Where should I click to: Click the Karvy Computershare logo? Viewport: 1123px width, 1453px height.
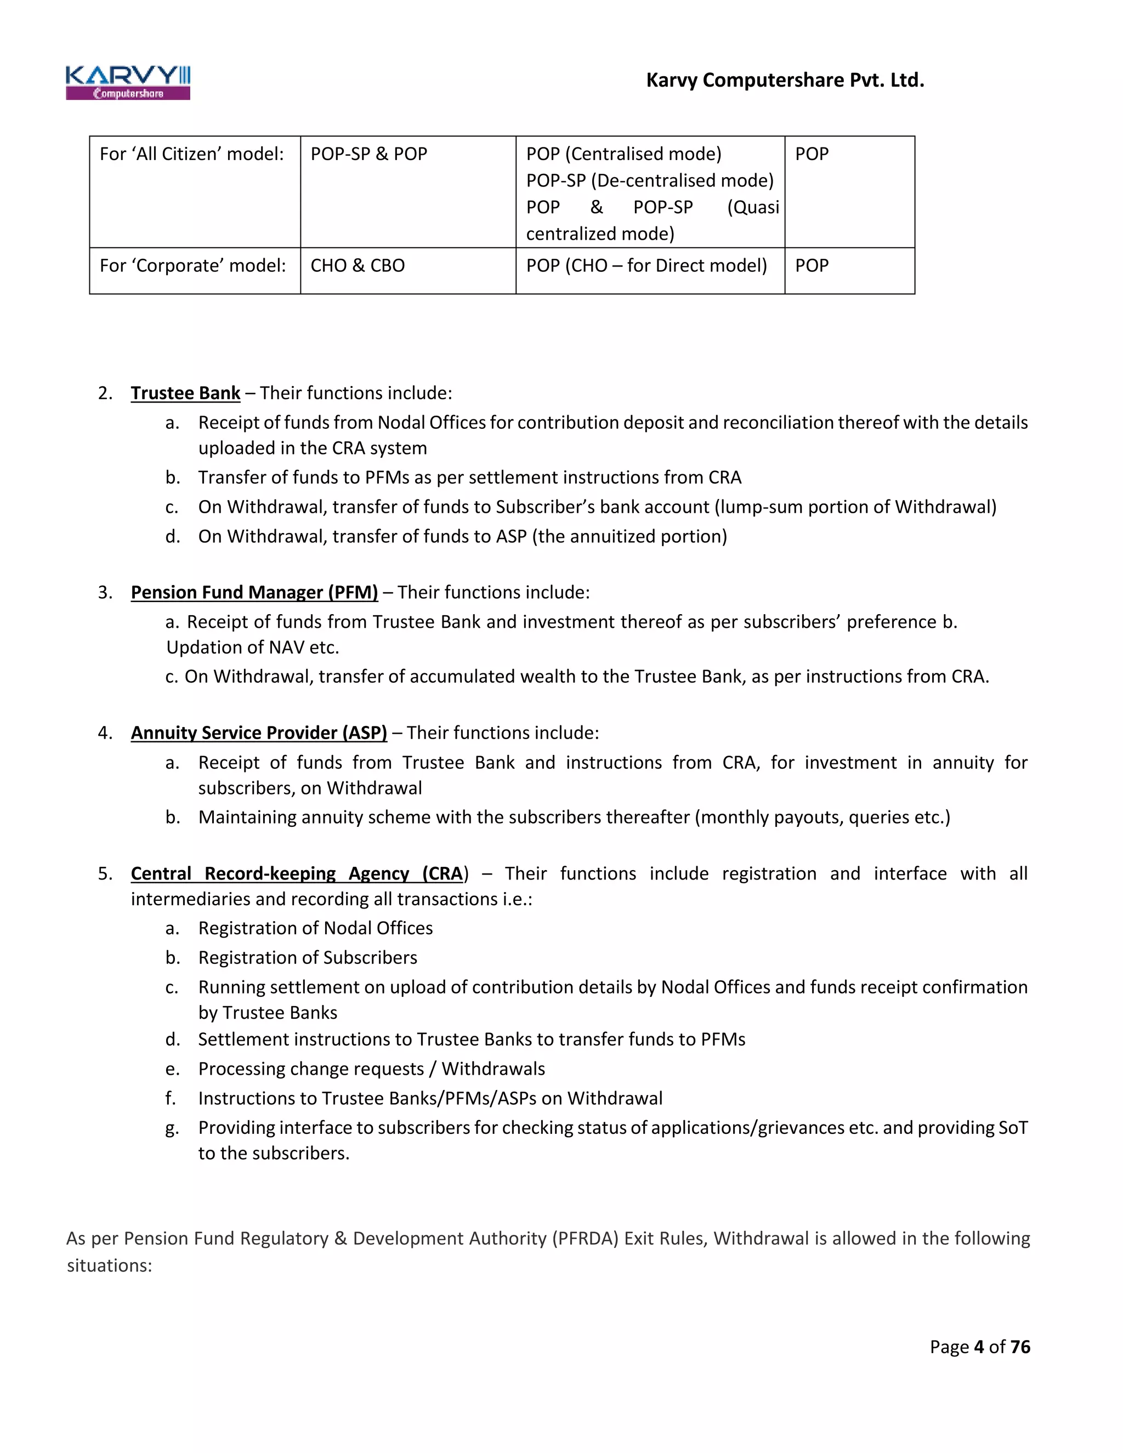click(128, 82)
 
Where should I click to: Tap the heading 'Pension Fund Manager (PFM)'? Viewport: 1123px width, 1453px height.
click(254, 592)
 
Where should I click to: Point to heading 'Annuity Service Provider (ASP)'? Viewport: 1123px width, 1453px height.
click(259, 733)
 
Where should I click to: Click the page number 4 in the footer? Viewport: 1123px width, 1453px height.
click(979, 1347)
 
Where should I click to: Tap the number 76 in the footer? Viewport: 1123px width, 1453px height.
click(1020, 1347)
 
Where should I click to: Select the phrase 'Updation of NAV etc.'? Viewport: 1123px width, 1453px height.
click(253, 648)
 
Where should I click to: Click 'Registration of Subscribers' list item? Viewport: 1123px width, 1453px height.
click(308, 957)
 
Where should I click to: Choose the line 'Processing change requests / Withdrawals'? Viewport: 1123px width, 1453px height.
click(371, 1069)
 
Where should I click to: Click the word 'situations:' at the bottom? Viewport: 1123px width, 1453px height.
click(110, 1265)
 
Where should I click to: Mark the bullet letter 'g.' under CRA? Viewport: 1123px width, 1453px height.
click(172, 1128)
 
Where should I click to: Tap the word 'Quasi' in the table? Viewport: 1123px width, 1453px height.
click(753, 208)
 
